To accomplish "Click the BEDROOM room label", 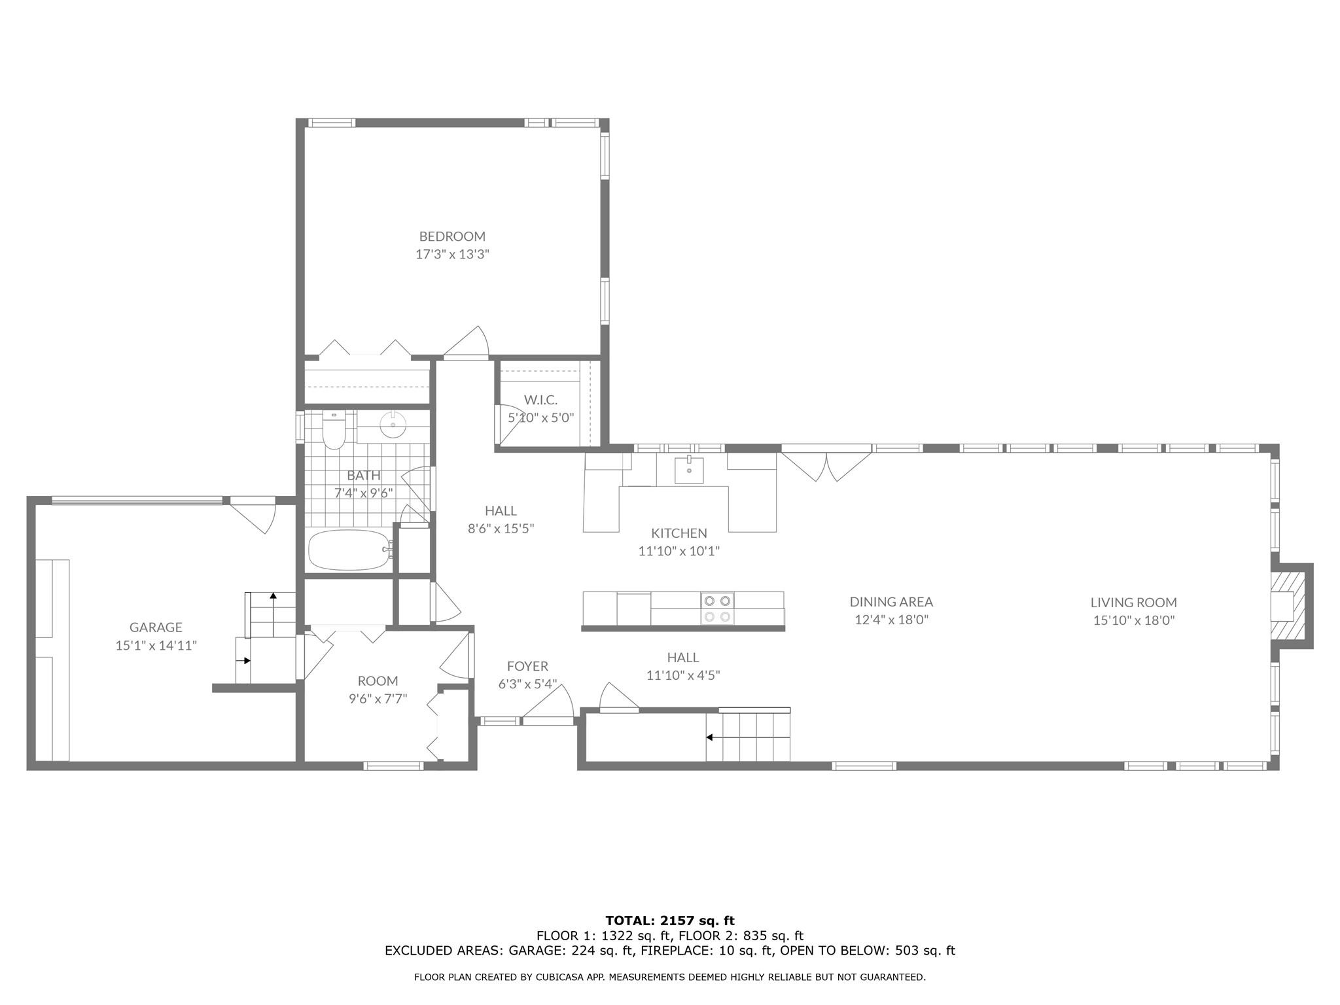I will pos(452,236).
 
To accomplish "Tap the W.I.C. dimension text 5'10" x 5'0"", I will pos(540,417).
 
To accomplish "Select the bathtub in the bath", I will pos(348,550).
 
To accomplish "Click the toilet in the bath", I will pos(334,432).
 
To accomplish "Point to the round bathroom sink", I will pos(393,425).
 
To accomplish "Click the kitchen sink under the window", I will pos(689,470).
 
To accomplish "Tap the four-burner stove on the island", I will pos(717,608).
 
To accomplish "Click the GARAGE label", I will pos(156,627).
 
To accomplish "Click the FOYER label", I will pos(527,666).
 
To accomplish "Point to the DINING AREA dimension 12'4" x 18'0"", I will pos(891,620).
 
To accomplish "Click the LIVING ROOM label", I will pos(1133,603).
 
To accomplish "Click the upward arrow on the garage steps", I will pos(273,596).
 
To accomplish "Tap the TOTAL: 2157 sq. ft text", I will pos(669,921).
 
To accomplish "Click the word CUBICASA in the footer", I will pos(554,978).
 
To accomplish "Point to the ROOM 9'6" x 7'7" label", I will pos(378,689).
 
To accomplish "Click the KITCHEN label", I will pos(679,533).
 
